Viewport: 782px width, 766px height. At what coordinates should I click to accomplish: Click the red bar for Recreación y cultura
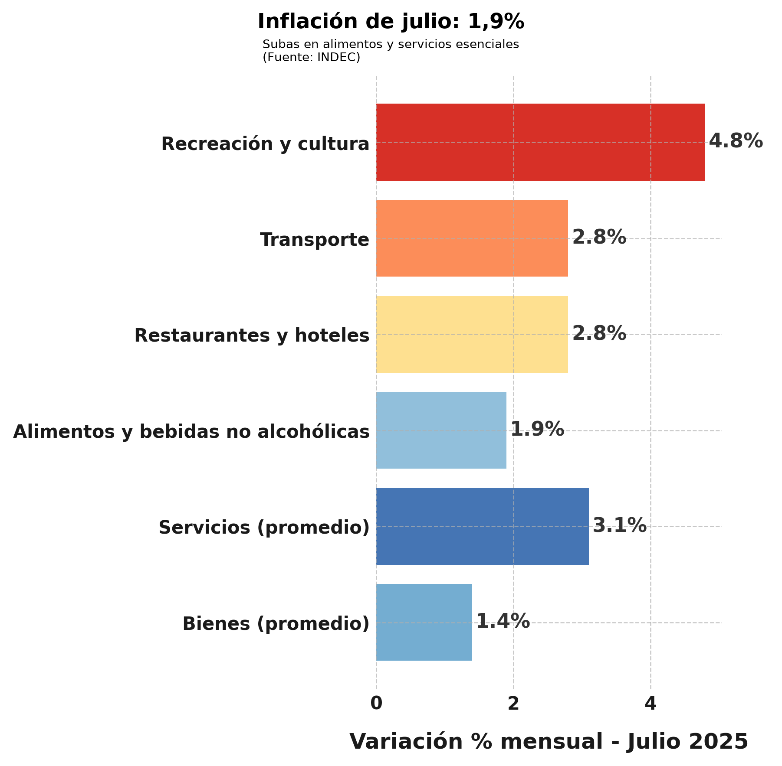(x=540, y=142)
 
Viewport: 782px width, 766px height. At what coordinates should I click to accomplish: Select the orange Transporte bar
(x=472, y=238)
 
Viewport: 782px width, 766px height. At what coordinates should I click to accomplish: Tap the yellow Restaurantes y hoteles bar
(x=472, y=334)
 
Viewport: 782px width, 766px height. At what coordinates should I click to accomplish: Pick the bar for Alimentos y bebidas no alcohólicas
(x=441, y=430)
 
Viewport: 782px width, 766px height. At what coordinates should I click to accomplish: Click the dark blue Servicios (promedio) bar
(x=482, y=526)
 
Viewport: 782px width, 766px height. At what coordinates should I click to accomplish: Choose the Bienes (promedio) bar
(x=424, y=622)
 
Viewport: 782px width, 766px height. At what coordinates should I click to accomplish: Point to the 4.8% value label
(x=736, y=141)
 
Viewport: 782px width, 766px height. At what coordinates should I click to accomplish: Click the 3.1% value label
(x=619, y=525)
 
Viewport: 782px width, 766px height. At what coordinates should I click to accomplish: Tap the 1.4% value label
(x=503, y=621)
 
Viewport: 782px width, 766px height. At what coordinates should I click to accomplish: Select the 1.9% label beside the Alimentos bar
(x=537, y=429)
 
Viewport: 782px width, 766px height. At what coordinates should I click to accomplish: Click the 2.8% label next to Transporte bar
(x=599, y=237)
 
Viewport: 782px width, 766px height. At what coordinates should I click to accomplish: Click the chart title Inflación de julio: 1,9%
(x=391, y=22)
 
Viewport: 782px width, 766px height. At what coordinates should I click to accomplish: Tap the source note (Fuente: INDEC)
(x=311, y=57)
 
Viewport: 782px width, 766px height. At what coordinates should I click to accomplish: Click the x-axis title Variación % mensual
(x=549, y=742)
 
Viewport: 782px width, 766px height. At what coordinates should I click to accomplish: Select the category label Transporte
(x=315, y=240)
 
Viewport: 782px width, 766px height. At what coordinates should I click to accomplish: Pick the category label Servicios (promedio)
(x=264, y=528)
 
